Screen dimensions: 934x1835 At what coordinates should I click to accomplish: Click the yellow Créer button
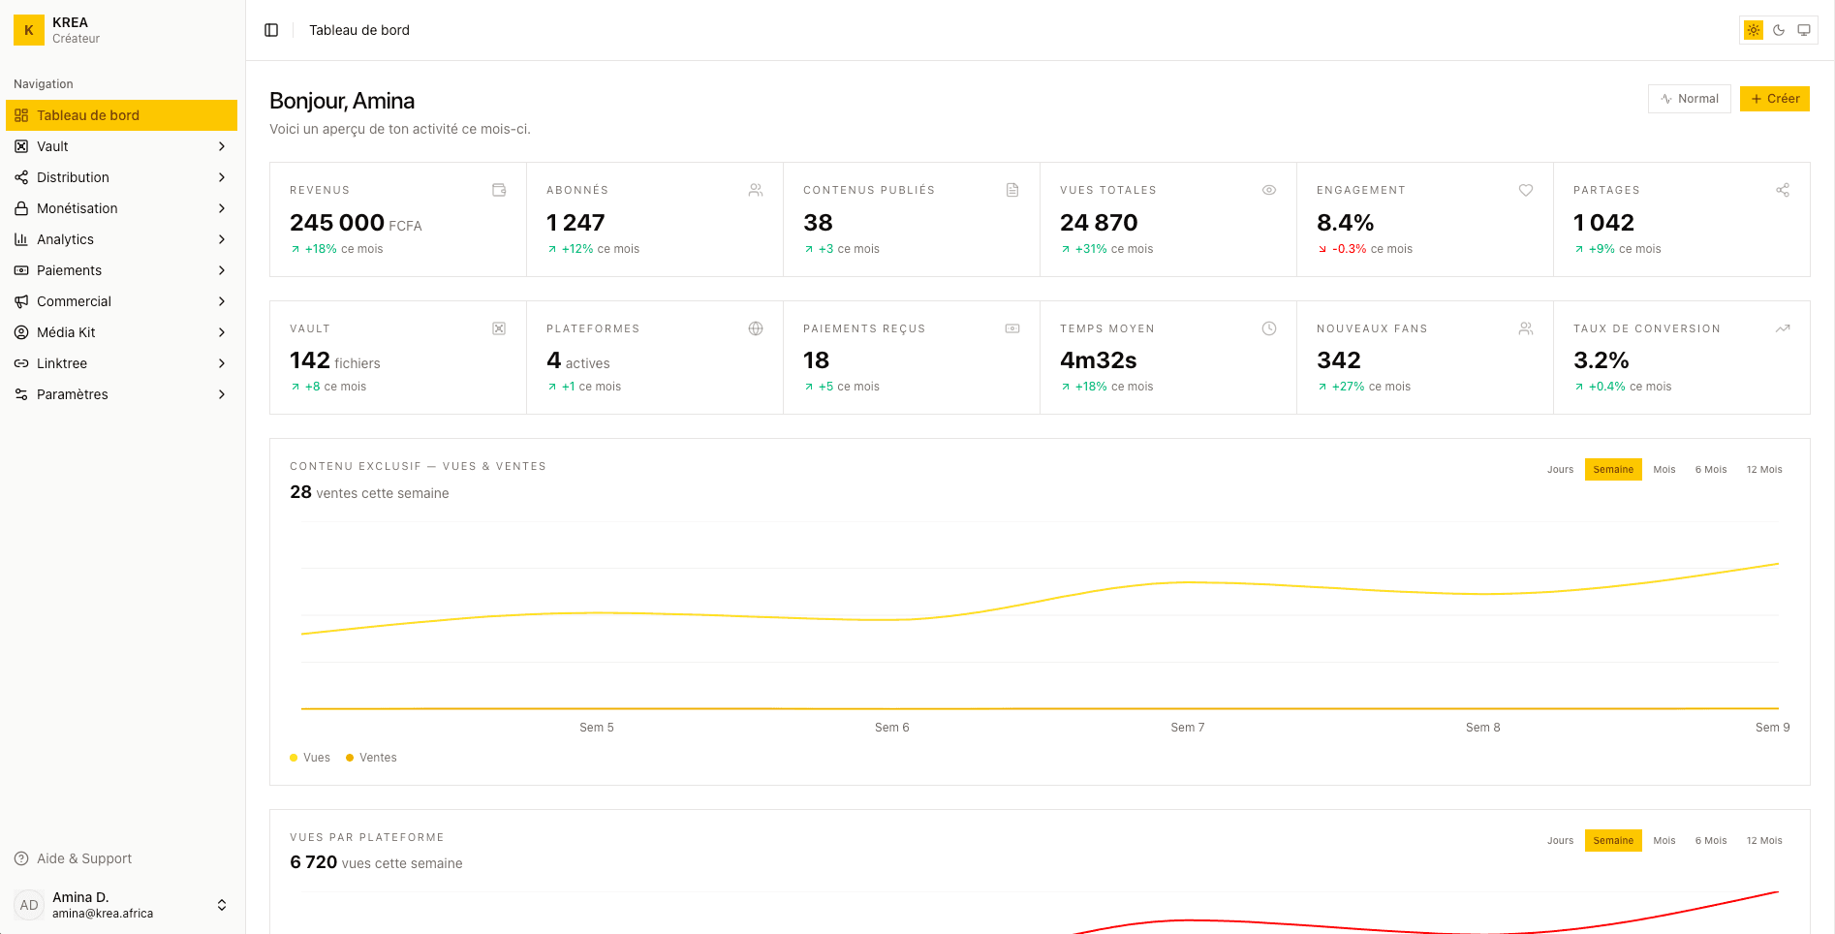1774,99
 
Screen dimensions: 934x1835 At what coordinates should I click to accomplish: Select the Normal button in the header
1689,99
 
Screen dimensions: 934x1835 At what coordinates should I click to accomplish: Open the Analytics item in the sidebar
66,239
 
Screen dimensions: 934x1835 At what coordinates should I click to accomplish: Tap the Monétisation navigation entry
77,208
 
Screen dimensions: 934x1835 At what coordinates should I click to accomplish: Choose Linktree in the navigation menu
62,363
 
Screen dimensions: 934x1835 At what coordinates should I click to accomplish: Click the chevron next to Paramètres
222,394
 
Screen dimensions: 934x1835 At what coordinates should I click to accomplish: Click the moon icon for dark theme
1779,30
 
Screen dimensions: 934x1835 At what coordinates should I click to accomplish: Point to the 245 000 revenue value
336,223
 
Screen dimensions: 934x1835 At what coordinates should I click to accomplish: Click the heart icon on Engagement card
1526,190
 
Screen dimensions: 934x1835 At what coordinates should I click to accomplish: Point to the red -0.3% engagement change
1349,249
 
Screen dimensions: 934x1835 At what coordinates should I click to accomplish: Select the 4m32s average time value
1098,360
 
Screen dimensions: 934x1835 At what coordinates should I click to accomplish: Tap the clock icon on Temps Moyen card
1269,328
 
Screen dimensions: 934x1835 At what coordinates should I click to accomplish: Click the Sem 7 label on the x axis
1187,728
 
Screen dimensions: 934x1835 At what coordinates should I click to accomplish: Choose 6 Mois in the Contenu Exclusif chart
1710,470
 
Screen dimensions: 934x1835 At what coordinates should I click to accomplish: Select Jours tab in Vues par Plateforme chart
1560,841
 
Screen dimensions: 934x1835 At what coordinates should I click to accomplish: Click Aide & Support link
83,858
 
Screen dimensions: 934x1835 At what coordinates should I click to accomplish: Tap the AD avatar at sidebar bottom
29,905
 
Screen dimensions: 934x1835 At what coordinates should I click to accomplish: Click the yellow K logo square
29,30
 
